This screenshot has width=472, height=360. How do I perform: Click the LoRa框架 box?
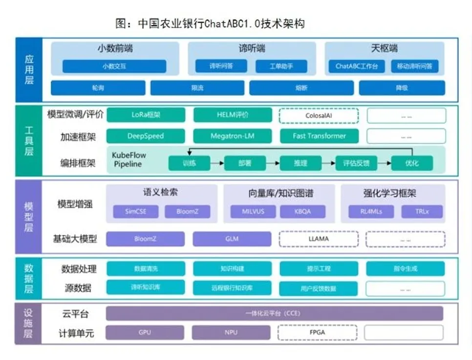pyautogui.click(x=146, y=115)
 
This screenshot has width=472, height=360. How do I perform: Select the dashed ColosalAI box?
pyautogui.click(x=319, y=116)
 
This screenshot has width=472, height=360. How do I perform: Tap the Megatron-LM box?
pyautogui.click(x=232, y=136)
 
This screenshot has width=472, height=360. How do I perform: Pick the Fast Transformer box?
pyautogui.click(x=319, y=136)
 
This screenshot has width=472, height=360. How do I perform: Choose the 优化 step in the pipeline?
pyautogui.click(x=411, y=163)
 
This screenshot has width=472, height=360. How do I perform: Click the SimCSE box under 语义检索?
pyautogui.click(x=135, y=212)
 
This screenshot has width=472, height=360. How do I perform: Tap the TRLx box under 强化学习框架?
pyautogui.click(x=422, y=212)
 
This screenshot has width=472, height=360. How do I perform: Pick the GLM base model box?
pyautogui.click(x=232, y=239)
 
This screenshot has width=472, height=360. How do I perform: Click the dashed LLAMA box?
pyautogui.click(x=319, y=239)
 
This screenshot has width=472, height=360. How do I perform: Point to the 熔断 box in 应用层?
pyautogui.click(x=301, y=88)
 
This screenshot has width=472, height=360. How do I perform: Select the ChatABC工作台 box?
pyautogui.click(x=360, y=66)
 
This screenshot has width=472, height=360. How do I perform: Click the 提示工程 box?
pyautogui.click(x=319, y=269)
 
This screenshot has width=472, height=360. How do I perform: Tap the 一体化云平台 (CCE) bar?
pyautogui.click(x=274, y=314)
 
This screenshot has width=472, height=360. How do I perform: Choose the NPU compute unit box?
pyautogui.click(x=231, y=333)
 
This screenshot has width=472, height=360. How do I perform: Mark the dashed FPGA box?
pyautogui.click(x=319, y=333)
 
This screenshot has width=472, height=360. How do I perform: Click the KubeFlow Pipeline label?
pyautogui.click(x=129, y=159)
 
